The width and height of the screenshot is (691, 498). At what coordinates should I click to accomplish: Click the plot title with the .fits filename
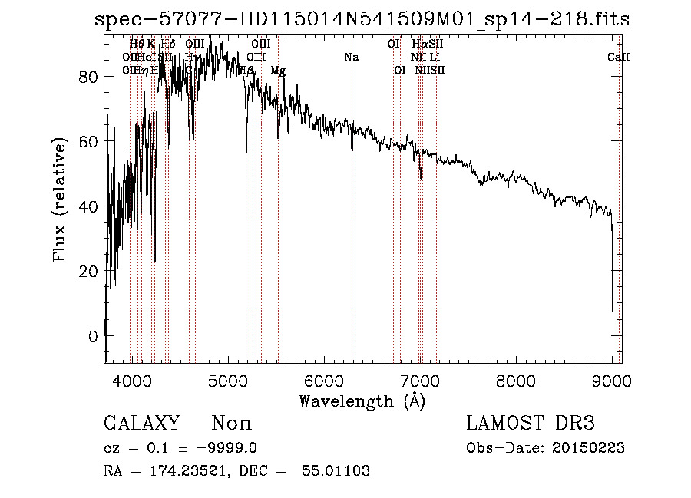tap(362, 19)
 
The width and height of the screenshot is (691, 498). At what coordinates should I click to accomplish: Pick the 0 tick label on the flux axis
tap(92, 336)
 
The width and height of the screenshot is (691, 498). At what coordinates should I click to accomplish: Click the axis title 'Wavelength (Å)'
tap(362, 400)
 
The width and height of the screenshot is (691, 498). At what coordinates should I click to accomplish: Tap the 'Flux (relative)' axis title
tap(61, 201)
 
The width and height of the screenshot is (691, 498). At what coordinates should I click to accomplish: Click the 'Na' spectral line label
tap(352, 57)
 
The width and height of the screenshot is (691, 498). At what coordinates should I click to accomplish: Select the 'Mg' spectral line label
tap(278, 70)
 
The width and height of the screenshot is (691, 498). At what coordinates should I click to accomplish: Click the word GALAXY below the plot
tap(141, 424)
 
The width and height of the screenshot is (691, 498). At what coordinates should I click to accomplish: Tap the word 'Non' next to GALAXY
tap(232, 424)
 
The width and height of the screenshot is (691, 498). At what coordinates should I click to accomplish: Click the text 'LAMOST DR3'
tap(531, 424)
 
